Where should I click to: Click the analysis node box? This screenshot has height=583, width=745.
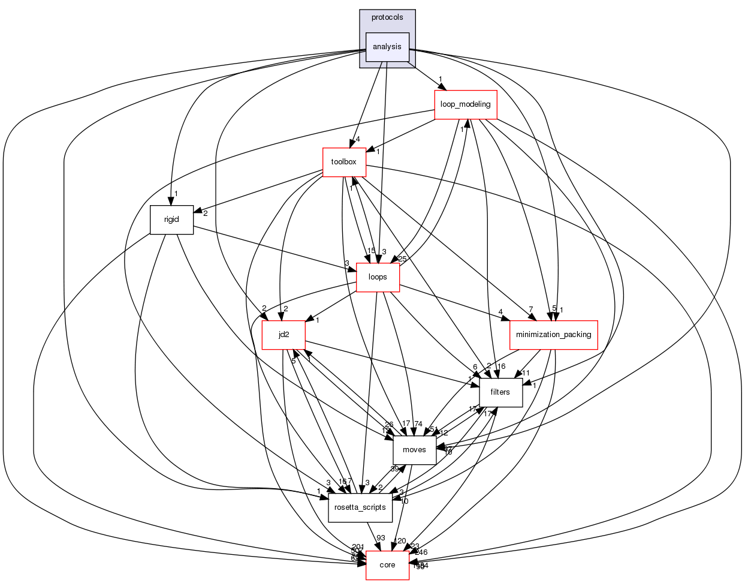pos(387,47)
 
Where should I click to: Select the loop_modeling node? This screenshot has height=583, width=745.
pos(465,104)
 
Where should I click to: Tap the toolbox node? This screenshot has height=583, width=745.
pos(344,162)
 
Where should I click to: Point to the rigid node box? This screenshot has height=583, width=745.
pos(171,220)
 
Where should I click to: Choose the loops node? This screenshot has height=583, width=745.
pos(378,277)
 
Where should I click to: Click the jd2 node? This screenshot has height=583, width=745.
pos(284,335)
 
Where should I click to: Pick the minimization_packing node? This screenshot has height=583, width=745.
pos(553,335)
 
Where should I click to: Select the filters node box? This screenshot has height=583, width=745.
pos(500,392)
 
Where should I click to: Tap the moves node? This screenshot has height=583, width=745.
pos(414,450)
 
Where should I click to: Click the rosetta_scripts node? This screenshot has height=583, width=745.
pos(360,507)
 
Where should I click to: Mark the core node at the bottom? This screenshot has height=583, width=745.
pos(387,565)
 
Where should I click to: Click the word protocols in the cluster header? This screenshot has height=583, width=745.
pos(387,17)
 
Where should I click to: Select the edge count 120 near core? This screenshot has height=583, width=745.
pos(400,542)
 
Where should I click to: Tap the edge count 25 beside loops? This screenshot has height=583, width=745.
pos(402,259)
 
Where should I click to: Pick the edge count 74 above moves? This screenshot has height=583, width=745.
pos(418,424)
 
